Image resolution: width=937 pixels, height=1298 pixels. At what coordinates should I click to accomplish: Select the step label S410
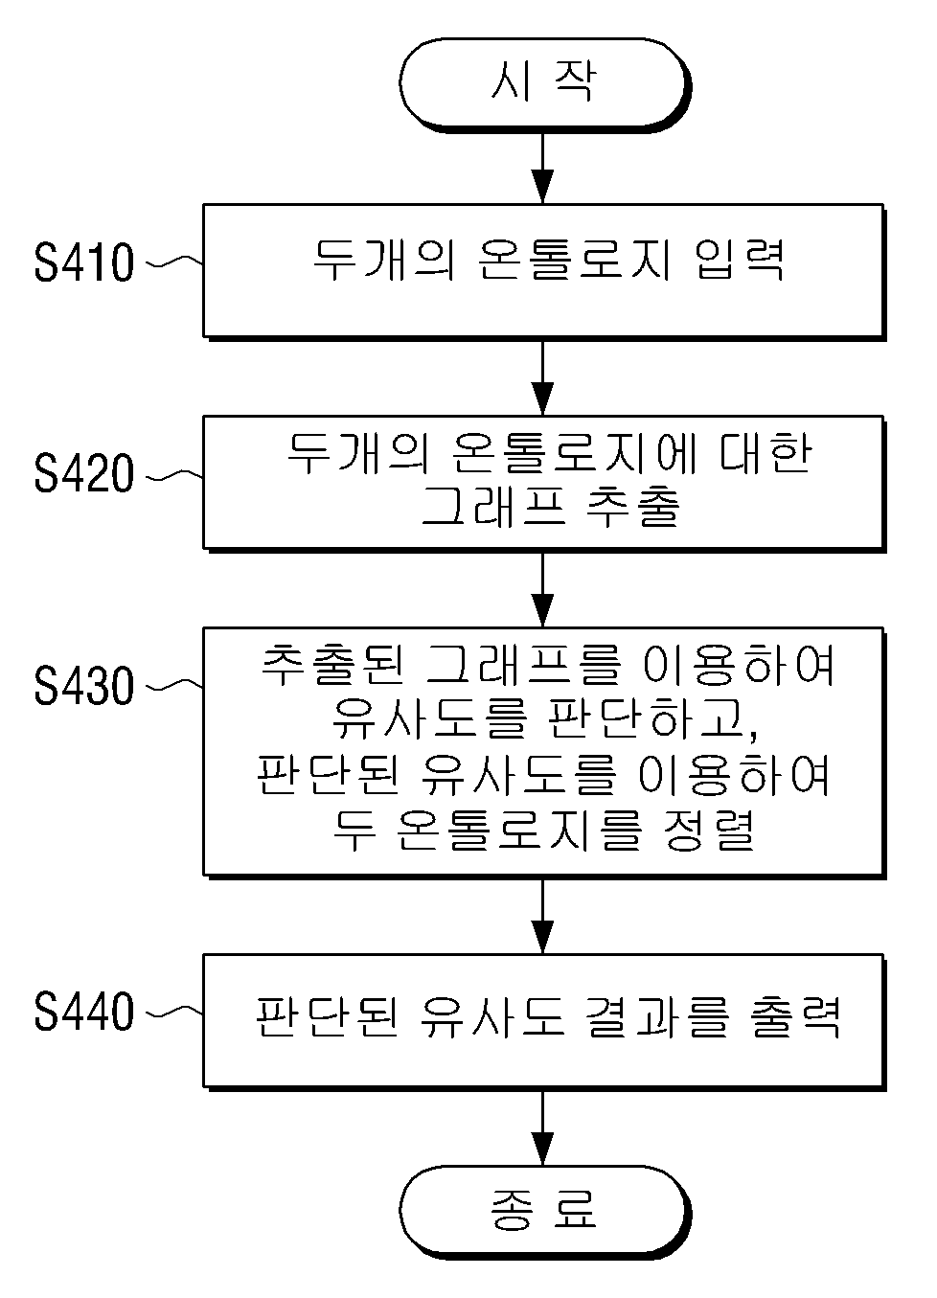click(x=84, y=263)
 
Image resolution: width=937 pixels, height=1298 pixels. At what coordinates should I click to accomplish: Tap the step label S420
click(x=84, y=474)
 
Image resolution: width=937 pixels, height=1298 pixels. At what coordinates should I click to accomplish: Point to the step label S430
click(x=84, y=686)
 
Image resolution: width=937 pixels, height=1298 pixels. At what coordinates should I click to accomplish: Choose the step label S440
click(x=84, y=1012)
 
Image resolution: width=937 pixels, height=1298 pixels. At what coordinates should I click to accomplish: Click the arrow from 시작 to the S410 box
click(x=542, y=168)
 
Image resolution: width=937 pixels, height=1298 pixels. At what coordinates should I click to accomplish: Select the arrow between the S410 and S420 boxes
click(x=542, y=377)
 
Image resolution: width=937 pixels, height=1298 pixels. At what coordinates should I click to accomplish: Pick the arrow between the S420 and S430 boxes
click(x=542, y=590)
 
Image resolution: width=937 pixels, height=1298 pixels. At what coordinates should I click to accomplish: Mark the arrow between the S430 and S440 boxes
click(x=542, y=916)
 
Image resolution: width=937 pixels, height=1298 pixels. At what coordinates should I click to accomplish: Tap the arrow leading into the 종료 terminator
click(x=542, y=1128)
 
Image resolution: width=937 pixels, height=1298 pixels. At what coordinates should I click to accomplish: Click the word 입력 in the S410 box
click(x=740, y=260)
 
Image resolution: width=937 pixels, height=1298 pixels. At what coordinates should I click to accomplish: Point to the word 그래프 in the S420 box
click(x=493, y=506)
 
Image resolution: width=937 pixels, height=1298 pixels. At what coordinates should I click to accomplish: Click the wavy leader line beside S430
click(x=173, y=686)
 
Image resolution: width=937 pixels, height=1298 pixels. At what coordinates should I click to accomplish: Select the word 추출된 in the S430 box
click(x=331, y=665)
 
